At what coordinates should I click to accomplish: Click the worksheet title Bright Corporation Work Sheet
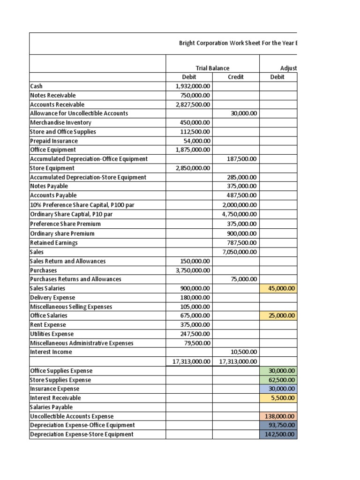238,43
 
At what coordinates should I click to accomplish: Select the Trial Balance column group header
212,68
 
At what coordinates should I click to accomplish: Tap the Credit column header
235,77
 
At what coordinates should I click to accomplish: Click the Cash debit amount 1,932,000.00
193,86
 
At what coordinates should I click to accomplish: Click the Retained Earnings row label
54,243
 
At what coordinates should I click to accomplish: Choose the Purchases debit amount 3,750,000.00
193,270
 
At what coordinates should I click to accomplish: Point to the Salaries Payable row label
51,407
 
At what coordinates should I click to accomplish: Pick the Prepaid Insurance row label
54,141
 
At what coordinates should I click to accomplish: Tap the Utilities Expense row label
52,334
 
